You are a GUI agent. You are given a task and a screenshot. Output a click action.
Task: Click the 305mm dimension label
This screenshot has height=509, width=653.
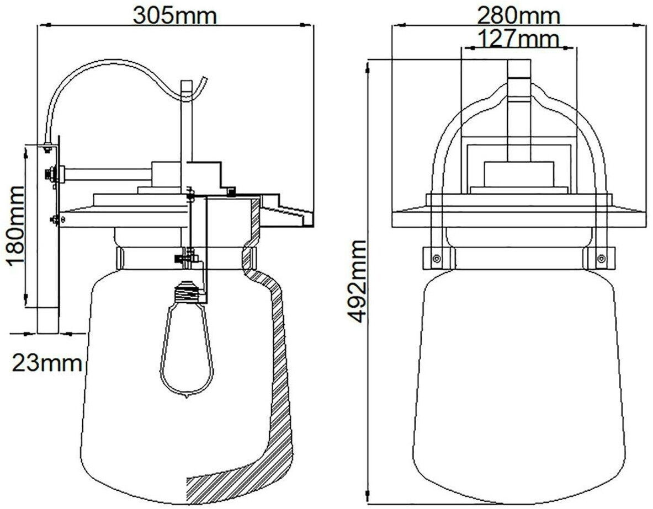[175, 16]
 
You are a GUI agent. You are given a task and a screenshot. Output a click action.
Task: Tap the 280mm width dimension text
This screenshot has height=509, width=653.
[518, 16]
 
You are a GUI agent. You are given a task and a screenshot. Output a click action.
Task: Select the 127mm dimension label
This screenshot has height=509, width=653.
[518, 39]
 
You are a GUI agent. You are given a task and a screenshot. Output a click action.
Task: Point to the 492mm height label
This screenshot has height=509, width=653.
[357, 281]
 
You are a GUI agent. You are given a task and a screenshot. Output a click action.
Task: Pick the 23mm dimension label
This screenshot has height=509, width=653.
[46, 363]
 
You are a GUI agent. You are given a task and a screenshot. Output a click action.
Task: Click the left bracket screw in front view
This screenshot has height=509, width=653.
[436, 259]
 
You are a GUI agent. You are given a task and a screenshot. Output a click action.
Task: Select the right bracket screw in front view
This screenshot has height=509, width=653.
[601, 259]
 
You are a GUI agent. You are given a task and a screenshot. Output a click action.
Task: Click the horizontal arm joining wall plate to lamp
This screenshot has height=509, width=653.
[108, 174]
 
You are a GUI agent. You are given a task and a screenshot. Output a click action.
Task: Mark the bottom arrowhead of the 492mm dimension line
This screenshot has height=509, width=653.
[367, 497]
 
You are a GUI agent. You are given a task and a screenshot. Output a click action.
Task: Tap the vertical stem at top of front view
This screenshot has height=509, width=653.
[519, 111]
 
